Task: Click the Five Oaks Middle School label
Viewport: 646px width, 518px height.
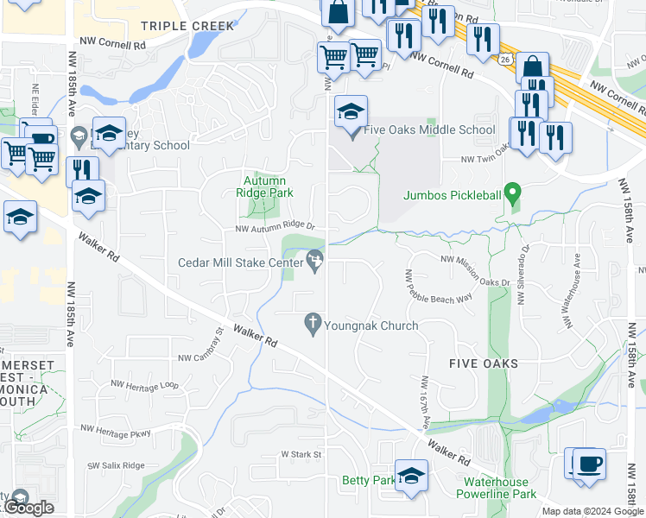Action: point(429,130)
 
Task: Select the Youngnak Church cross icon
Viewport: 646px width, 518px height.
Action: point(313,325)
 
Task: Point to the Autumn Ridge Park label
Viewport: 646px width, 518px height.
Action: point(265,186)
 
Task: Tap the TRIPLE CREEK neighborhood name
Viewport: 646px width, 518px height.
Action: point(187,26)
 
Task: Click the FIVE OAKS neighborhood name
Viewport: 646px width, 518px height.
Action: point(484,363)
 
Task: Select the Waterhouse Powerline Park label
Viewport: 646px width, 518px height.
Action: point(500,488)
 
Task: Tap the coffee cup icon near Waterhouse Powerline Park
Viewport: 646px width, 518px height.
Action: point(589,464)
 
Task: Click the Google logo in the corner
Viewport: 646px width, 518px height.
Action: point(28,508)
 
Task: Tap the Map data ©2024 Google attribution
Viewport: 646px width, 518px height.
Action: point(592,511)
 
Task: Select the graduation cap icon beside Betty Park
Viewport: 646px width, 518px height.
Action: point(411,476)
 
